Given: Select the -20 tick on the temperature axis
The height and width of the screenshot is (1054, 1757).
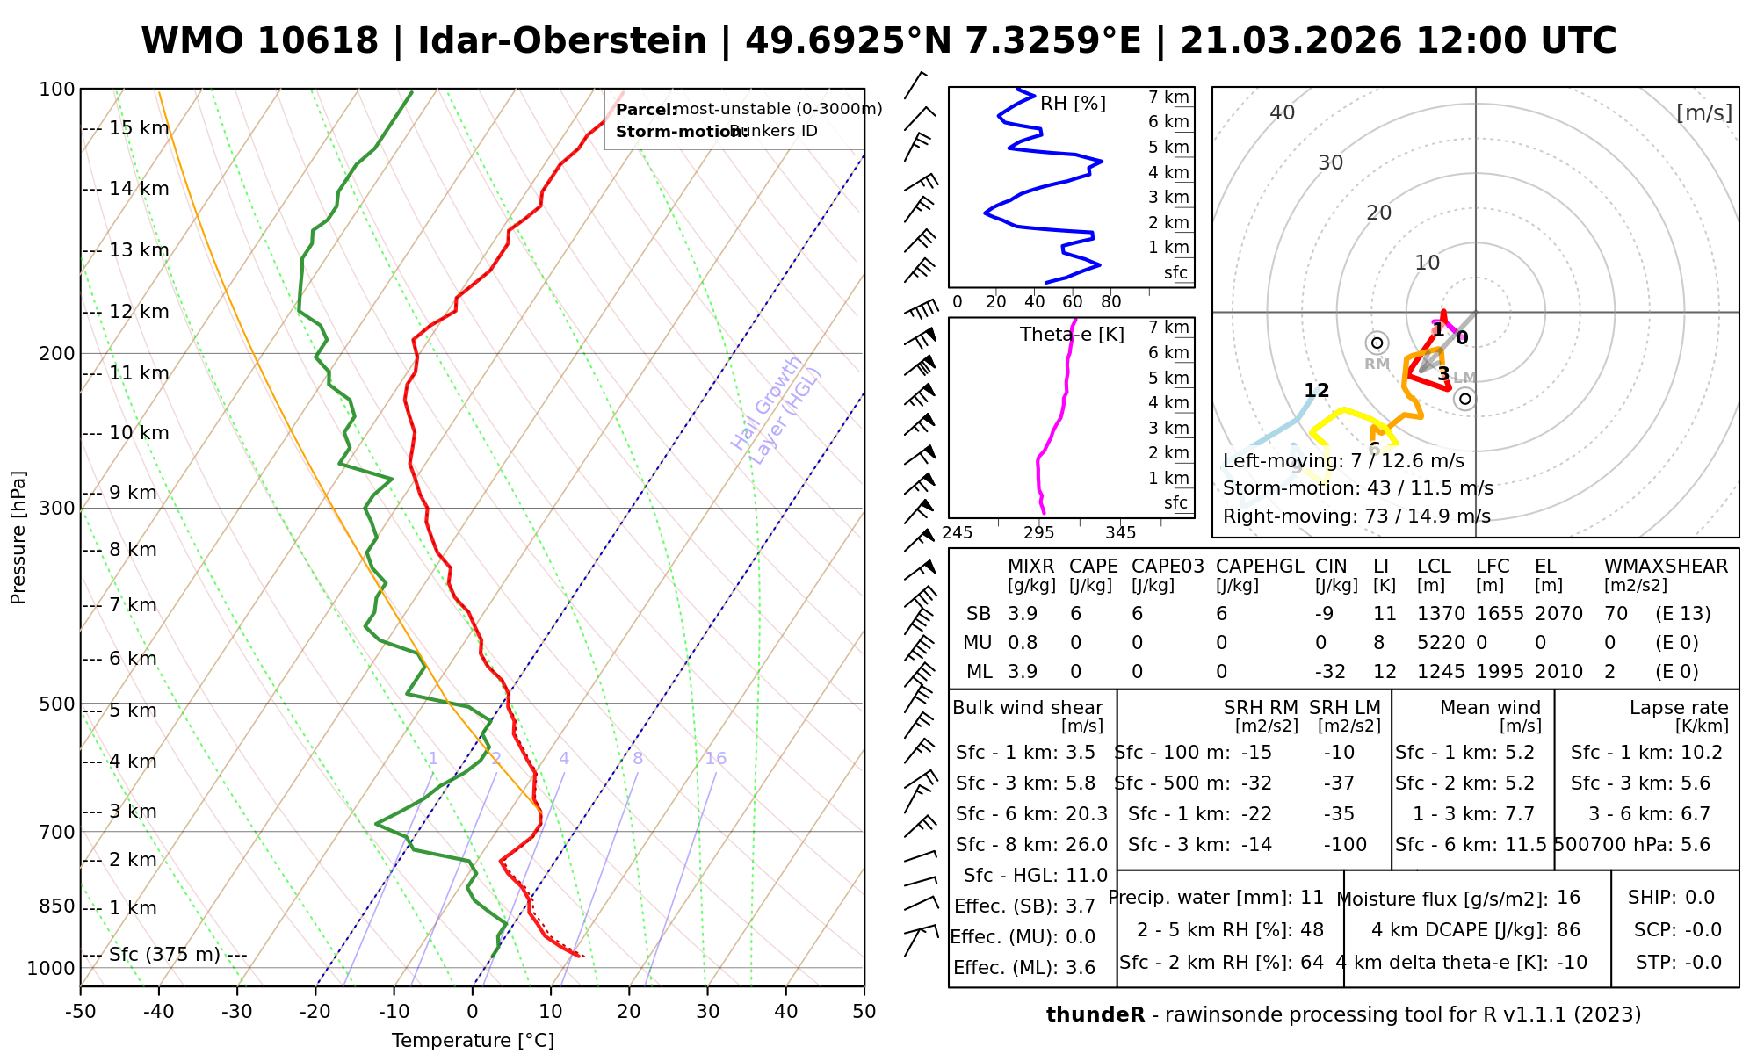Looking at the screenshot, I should pos(315,1012).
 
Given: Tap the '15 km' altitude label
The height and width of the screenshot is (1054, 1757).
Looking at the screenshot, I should pos(139,128).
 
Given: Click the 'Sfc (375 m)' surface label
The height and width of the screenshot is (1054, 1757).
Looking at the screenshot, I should pos(164,955).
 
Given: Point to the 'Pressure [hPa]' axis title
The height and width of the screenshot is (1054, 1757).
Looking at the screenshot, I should pos(18,538).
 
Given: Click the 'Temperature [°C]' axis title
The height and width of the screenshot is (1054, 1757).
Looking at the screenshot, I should pos(473,1041).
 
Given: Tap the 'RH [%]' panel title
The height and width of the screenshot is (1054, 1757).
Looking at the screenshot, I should pos(1073,104).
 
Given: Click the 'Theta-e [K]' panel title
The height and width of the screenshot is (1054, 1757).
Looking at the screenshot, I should pos(1072,335).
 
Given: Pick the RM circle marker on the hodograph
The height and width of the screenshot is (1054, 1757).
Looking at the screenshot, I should pos(1377,343).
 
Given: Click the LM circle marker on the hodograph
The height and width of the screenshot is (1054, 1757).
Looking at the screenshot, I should pos(1464,399).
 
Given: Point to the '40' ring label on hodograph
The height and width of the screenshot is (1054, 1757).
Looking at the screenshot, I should pos(1283,112).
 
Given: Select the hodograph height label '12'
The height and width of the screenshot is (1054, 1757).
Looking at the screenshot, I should pos(1316,391).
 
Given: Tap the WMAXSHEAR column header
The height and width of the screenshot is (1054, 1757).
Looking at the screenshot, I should pos(1666,567).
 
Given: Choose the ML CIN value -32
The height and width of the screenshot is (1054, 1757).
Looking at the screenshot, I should pos(1330,672).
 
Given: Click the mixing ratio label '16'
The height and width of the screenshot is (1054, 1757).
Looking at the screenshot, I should pos(715,759).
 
